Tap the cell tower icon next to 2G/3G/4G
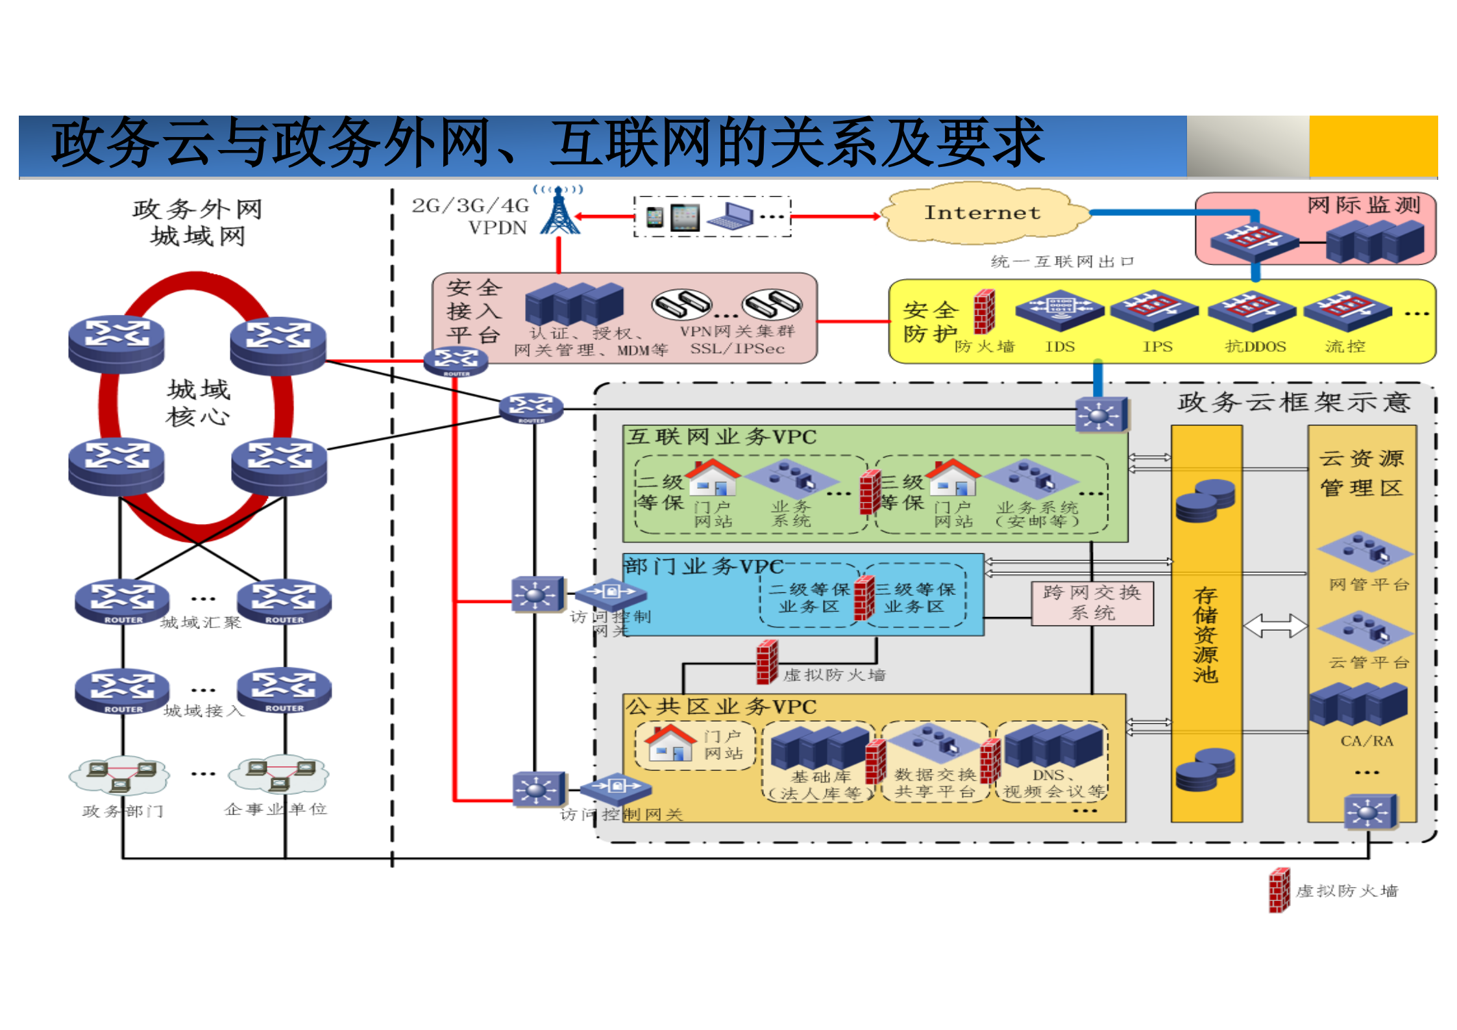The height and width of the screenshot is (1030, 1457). click(x=559, y=212)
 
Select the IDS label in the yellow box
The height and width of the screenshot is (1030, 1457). click(x=1059, y=347)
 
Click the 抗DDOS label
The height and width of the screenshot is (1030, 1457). click(x=1255, y=347)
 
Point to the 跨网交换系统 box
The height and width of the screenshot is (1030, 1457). click(x=1092, y=603)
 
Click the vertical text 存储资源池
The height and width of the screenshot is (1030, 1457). click(x=1205, y=634)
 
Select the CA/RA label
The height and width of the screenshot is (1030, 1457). click(x=1366, y=741)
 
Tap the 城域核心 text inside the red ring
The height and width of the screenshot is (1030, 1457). click(x=198, y=403)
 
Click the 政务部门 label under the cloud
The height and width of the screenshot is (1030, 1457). click(x=123, y=810)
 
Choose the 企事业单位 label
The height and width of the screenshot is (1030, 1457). click(x=276, y=809)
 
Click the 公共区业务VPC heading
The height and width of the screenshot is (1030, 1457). click(x=720, y=707)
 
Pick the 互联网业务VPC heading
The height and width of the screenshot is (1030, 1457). click(x=720, y=436)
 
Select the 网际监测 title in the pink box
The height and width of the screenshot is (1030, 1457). click(x=1363, y=205)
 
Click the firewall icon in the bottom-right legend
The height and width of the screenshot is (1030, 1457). click(x=1279, y=890)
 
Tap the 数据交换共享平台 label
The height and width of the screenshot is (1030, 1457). click(x=935, y=783)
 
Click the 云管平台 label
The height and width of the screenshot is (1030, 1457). click(x=1368, y=662)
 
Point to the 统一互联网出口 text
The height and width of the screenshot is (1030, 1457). click(x=1062, y=261)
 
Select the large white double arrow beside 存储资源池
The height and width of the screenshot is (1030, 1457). click(x=1275, y=625)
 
